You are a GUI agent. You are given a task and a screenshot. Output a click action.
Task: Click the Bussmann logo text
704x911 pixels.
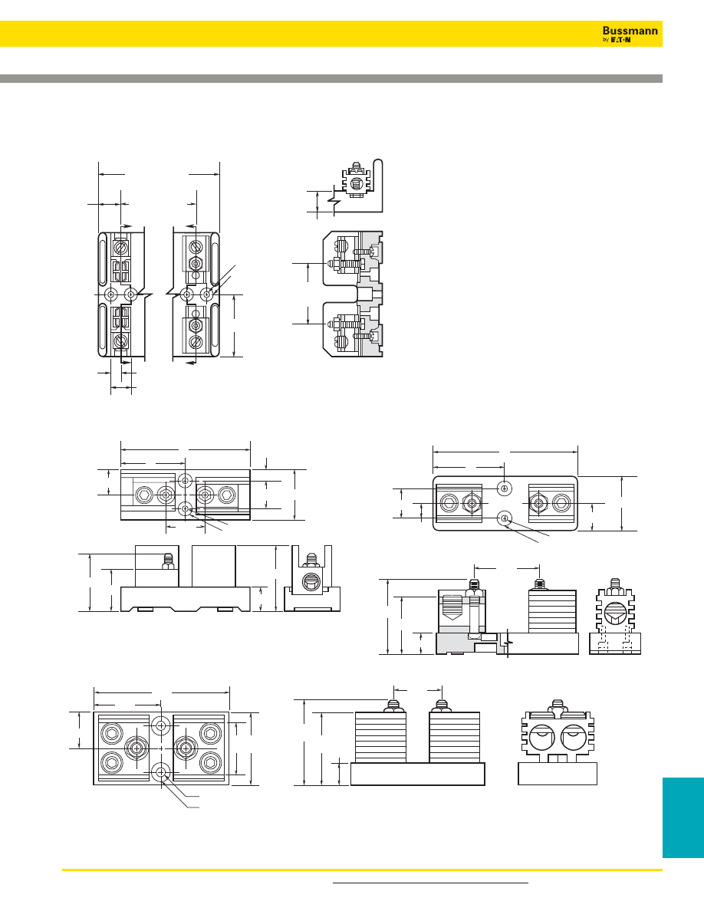[630, 31]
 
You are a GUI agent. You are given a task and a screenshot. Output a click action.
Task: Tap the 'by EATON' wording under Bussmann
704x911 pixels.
[617, 40]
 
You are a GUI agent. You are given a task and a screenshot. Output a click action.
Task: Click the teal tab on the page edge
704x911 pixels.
[683, 817]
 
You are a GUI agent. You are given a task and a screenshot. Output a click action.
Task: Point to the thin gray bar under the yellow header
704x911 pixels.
[331, 78]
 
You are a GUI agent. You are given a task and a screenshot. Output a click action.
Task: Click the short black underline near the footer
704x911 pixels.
[430, 883]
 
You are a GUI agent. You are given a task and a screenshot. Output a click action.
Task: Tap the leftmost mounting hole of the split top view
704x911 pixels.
[111, 295]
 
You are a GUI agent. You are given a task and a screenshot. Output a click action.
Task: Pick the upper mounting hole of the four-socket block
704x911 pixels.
[162, 725]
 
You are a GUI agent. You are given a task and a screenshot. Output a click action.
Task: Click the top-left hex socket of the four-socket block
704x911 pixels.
[111, 733]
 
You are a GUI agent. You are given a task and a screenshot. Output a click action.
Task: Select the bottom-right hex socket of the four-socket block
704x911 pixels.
[210, 761]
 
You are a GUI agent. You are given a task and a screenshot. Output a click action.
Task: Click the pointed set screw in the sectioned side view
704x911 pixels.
[452, 610]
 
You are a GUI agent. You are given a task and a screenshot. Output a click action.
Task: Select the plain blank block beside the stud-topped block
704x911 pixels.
[214, 566]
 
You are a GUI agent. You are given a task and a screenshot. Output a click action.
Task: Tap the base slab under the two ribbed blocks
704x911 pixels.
[418, 775]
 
